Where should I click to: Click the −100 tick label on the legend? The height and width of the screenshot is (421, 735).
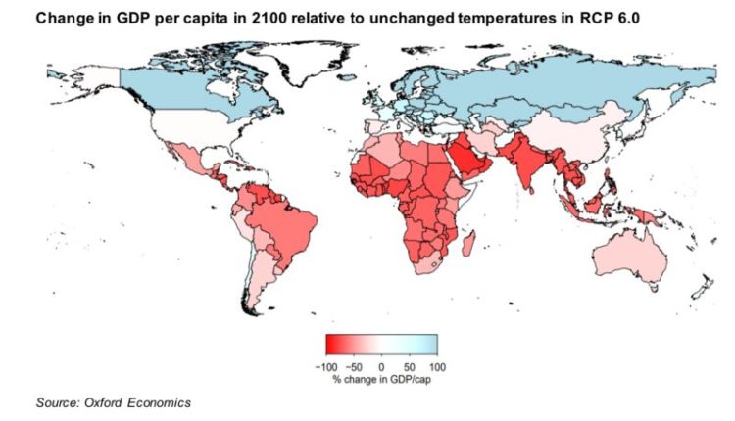pos(327,364)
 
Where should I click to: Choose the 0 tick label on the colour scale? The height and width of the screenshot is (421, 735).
pos(381,364)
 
